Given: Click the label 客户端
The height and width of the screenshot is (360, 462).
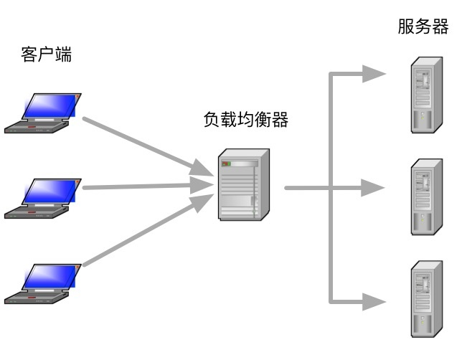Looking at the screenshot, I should tap(46, 55).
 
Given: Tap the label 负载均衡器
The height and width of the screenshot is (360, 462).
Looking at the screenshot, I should tap(246, 120).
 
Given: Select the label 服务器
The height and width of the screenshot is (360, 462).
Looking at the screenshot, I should tap(423, 27).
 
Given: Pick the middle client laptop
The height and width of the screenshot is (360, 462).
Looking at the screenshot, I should tap(44, 199).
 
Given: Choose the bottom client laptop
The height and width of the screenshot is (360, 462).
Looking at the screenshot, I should tap(44, 284).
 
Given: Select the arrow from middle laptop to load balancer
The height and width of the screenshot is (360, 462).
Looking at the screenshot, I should tap(143, 186).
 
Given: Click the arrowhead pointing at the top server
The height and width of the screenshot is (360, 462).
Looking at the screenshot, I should tap(373, 74).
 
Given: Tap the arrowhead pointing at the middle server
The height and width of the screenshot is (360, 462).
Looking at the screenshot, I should tap(373, 189).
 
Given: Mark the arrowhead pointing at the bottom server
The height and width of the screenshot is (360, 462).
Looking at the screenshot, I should tap(373, 302).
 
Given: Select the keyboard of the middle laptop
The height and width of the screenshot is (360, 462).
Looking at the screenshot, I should tap(36, 211).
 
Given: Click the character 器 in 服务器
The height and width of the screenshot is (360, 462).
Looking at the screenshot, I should tap(440, 27).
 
